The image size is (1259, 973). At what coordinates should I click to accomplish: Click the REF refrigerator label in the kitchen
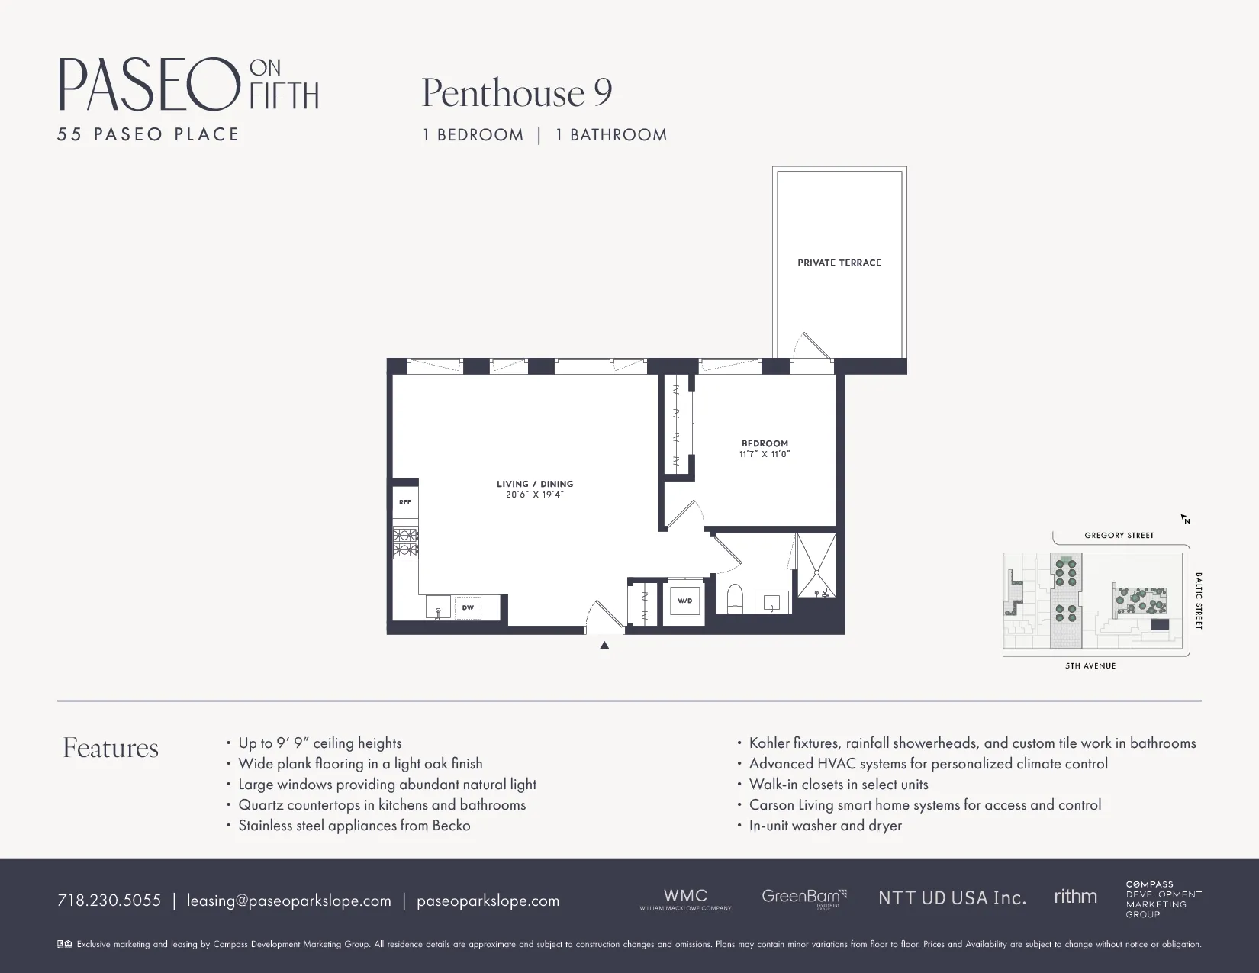pyautogui.click(x=404, y=502)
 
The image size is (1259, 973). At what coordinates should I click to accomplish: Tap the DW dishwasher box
pyautogui.click(x=468, y=607)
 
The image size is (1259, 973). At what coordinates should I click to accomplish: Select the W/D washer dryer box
pyautogui.click(x=684, y=601)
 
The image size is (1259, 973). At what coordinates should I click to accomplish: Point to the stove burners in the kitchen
pyautogui.click(x=405, y=542)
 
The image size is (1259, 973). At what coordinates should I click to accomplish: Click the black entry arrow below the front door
pyautogui.click(x=604, y=646)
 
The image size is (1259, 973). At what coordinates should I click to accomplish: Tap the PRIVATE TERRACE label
pyautogui.click(x=839, y=263)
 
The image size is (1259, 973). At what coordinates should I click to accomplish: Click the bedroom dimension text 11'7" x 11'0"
pyautogui.click(x=765, y=454)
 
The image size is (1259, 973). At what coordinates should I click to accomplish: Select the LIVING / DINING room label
pyautogui.click(x=534, y=484)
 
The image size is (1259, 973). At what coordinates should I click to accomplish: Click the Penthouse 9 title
pyautogui.click(x=517, y=93)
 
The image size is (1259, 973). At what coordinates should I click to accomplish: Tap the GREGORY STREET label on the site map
pyautogui.click(x=1119, y=536)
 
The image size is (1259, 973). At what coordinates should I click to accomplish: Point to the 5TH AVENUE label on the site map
pyautogui.click(x=1090, y=666)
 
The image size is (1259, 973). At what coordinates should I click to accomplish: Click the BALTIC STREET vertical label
pyautogui.click(x=1198, y=601)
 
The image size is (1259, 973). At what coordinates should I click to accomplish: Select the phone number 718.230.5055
pyautogui.click(x=109, y=901)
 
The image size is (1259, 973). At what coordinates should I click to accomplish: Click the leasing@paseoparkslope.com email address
pyautogui.click(x=288, y=901)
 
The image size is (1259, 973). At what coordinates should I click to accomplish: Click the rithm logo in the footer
pyautogui.click(x=1075, y=897)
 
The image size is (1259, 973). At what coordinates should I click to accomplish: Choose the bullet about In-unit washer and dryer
pyautogui.click(x=825, y=826)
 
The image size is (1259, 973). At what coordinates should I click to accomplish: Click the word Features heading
pyautogui.click(x=111, y=748)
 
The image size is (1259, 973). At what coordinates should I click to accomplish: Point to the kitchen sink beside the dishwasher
pyautogui.click(x=438, y=608)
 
